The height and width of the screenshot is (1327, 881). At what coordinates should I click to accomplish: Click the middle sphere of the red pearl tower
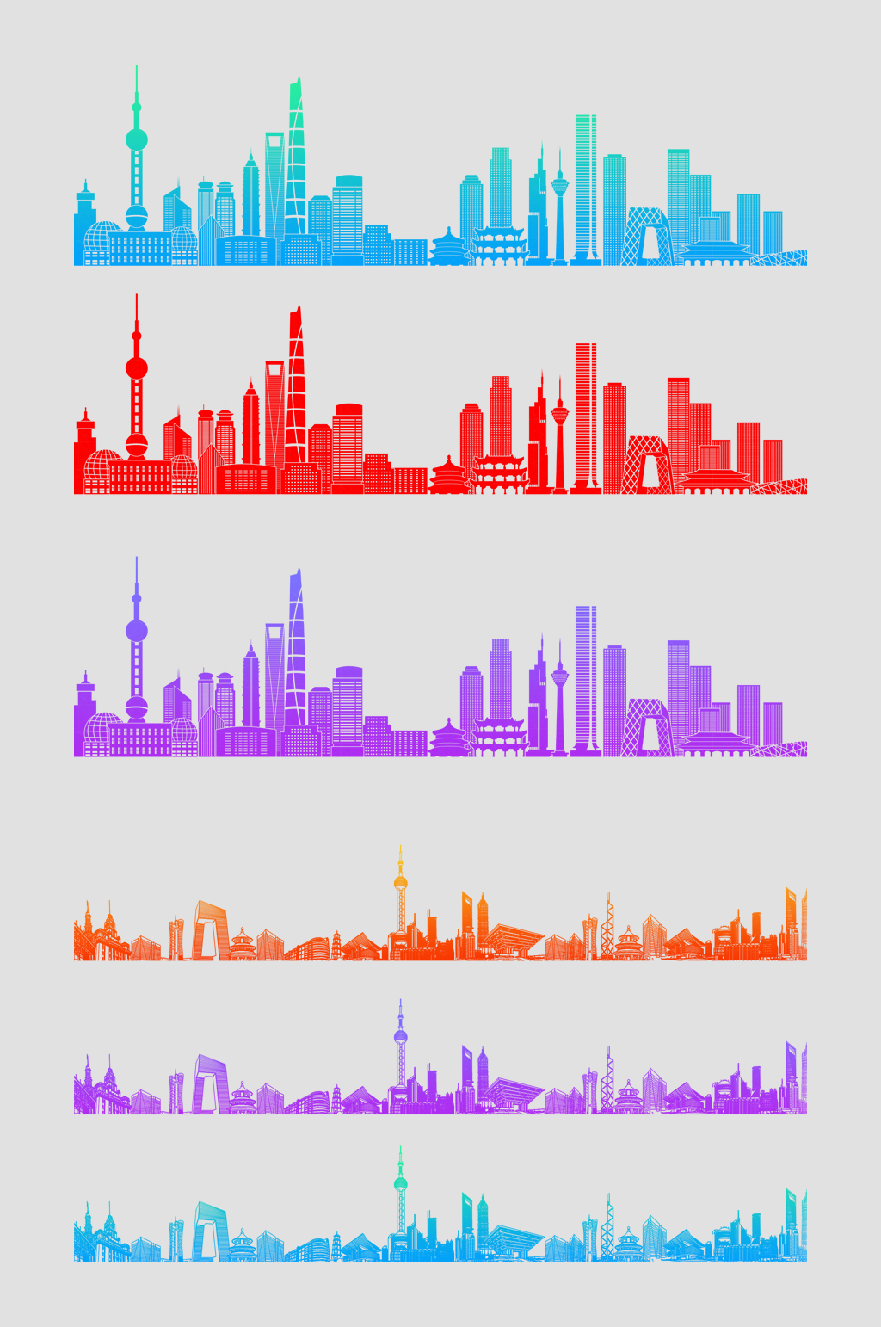pos(136,368)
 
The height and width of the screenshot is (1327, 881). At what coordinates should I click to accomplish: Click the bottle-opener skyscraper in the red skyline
pos(274,413)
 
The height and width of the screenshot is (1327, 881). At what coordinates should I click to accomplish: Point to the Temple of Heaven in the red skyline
pos(448,476)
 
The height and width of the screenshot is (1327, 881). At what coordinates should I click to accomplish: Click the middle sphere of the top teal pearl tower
pos(136,139)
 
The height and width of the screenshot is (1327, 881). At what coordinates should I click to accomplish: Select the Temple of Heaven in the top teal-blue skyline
pos(448,247)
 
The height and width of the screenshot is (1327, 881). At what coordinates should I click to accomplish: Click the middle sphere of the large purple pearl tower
pos(136,631)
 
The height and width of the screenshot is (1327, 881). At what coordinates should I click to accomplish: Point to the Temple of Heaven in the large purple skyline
pos(448,738)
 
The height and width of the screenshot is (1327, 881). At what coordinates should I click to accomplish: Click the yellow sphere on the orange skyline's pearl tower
pos(400,883)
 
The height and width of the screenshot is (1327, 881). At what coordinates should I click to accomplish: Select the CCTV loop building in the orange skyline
pos(210,930)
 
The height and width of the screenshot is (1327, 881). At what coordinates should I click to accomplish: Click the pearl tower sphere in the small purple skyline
pos(400,1037)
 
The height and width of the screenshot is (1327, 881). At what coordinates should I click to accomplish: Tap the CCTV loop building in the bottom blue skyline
pos(210,1231)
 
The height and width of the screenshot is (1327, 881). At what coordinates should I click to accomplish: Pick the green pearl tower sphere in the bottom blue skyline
pos(400,1184)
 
